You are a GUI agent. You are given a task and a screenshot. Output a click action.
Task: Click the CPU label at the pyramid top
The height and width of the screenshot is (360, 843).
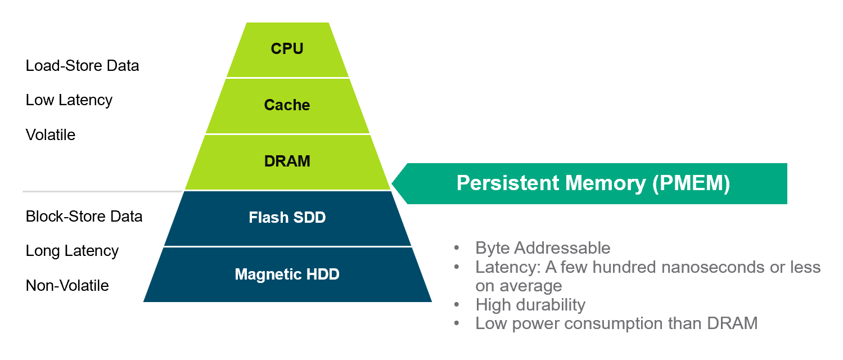click(287, 49)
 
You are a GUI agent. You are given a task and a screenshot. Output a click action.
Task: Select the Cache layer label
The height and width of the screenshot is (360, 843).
click(287, 105)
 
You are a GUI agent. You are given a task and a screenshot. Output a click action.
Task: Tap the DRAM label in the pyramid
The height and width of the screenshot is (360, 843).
click(287, 161)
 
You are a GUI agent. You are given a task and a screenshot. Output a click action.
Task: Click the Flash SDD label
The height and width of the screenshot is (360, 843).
click(287, 218)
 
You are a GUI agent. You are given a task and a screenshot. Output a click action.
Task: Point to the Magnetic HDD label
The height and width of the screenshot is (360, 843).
click(287, 274)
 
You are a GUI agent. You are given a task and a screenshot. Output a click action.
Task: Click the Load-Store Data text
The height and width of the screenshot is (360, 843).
click(82, 66)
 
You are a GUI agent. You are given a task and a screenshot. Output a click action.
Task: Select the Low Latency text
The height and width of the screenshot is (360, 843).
click(69, 100)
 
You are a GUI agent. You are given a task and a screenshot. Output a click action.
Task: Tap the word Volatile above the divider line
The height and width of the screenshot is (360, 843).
click(51, 135)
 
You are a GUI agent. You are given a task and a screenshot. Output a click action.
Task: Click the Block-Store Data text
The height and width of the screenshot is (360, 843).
click(84, 217)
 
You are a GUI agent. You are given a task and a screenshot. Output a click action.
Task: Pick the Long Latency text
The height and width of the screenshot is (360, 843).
click(72, 251)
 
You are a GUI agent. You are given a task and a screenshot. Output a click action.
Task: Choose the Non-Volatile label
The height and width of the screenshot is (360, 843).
click(67, 286)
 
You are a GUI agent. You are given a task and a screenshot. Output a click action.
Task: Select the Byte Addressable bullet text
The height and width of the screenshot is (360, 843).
click(543, 248)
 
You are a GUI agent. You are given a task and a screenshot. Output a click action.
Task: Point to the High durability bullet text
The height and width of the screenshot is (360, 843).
click(530, 305)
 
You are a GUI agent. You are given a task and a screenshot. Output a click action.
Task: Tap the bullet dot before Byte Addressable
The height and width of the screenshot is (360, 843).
click(457, 248)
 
